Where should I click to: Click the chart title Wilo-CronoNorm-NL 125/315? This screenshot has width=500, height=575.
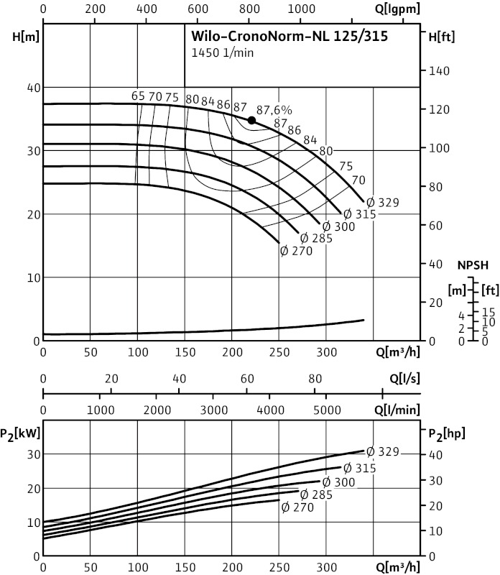[x=290, y=37]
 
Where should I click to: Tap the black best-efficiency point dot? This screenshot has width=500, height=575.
[x=251, y=120]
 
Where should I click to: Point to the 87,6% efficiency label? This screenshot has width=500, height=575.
[x=274, y=110]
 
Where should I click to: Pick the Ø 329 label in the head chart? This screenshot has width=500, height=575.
[x=381, y=203]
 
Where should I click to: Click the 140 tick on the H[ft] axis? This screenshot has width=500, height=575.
[x=439, y=71]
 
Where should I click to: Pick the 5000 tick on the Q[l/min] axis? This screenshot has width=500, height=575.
[x=326, y=409]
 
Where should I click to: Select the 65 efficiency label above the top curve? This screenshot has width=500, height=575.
[x=138, y=96]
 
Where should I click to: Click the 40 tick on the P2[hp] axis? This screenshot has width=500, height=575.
[x=433, y=455]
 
